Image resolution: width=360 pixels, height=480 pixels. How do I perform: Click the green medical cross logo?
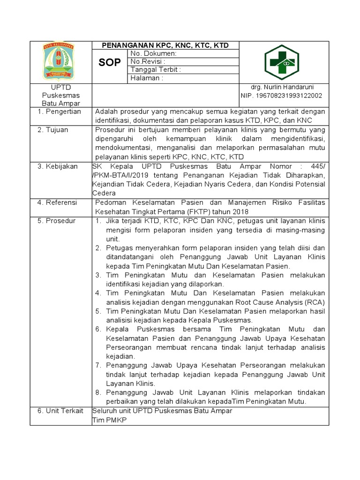(x=285, y=62)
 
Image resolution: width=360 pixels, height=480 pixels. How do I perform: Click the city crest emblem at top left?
(x=59, y=61)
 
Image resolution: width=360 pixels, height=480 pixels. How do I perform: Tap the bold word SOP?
(x=110, y=62)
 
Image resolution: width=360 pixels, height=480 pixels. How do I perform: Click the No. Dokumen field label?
(x=153, y=53)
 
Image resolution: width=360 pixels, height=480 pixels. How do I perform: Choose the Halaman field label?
(x=147, y=78)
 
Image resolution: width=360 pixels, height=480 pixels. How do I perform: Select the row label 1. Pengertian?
(x=59, y=112)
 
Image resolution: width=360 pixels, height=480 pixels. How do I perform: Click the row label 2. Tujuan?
(x=53, y=129)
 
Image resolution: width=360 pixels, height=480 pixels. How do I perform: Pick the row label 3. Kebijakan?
(x=57, y=166)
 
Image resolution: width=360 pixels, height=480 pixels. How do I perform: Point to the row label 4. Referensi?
(x=57, y=202)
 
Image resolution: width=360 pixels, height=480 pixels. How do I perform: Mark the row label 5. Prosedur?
(x=56, y=221)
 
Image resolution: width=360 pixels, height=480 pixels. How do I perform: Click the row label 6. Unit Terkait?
(x=60, y=411)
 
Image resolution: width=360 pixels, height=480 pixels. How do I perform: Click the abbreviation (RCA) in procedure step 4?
(x=314, y=302)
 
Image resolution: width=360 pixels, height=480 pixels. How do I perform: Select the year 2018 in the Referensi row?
(x=245, y=211)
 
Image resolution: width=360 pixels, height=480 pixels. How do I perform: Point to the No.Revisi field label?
(x=148, y=61)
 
